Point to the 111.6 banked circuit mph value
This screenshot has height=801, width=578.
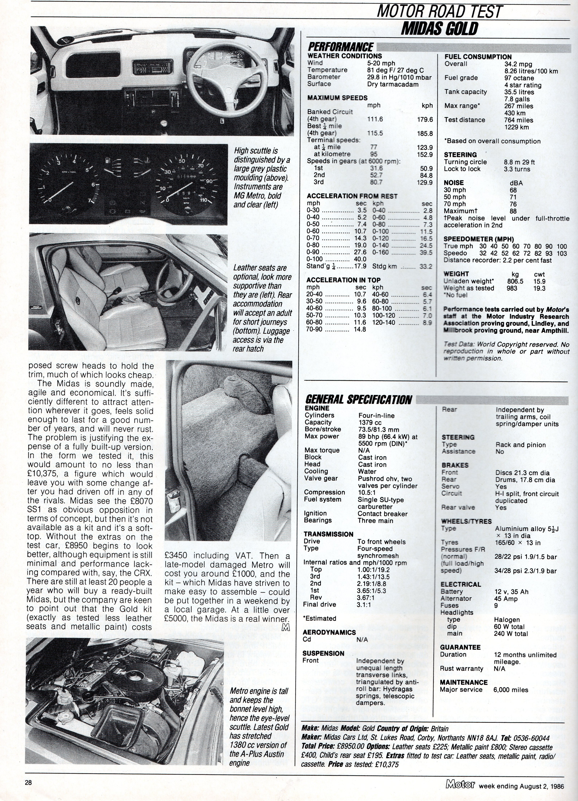point(375,119)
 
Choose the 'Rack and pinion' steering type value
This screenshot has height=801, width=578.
point(520,445)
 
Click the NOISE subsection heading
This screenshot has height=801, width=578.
point(453,183)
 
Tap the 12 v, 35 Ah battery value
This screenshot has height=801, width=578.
point(511,591)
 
